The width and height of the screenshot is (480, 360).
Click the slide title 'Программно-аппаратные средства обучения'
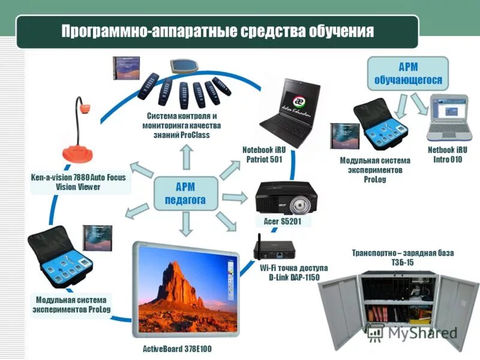[217, 31]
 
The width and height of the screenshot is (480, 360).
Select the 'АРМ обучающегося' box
[408, 73]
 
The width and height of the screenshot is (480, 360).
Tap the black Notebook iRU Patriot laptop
[290, 111]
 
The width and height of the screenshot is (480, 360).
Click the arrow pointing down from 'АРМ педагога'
[187, 224]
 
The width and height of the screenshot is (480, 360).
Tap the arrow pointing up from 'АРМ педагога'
[187, 158]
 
